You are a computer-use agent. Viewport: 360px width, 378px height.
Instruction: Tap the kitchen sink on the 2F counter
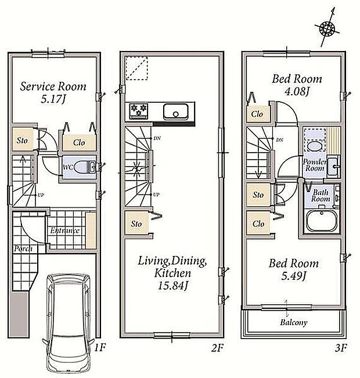pos(175,111)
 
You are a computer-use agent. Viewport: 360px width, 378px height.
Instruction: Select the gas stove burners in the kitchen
pos(138,111)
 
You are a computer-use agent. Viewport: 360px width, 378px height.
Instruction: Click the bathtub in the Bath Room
pos(321,221)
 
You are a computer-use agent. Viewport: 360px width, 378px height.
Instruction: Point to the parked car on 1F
pos(69,324)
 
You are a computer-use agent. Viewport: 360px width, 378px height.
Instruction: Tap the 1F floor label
pos(100,347)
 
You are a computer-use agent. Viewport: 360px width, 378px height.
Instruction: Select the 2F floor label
pos(218,348)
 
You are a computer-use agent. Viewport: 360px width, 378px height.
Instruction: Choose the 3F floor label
pos(341,348)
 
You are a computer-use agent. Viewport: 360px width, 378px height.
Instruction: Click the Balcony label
pos(294,322)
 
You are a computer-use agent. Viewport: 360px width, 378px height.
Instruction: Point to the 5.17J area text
pos(53,99)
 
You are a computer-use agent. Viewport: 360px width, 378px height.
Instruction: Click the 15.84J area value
pos(172,286)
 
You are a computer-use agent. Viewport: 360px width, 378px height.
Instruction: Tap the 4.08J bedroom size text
pos(297,91)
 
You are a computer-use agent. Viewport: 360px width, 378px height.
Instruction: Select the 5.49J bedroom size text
pos(293,276)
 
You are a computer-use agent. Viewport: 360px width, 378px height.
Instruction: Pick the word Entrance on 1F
pos(65,231)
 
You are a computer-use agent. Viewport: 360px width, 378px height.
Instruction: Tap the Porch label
pos(23,249)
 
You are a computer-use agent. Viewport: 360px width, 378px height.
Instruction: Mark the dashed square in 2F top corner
pos(136,68)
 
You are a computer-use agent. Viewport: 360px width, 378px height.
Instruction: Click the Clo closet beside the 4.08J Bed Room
pos(257,114)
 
